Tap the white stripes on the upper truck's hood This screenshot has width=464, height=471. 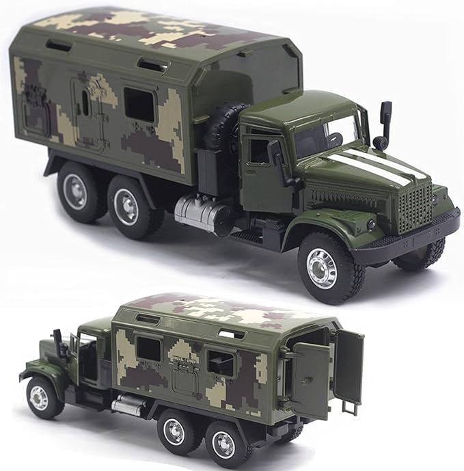(369, 166)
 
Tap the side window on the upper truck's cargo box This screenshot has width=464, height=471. (139, 104)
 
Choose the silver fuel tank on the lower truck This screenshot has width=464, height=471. (128, 405)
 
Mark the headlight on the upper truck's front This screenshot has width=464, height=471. (370, 224)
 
